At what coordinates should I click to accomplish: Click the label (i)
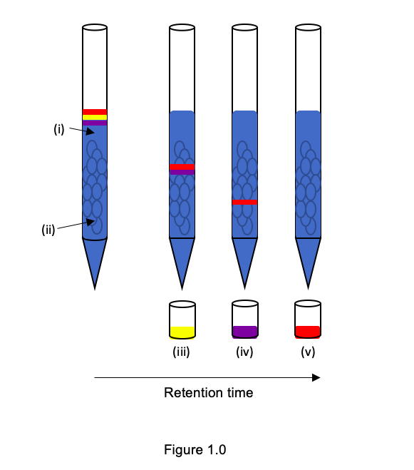(59, 129)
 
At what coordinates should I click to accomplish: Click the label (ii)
(48, 230)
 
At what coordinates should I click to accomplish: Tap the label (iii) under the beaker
(182, 352)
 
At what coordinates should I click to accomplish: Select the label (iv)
(244, 352)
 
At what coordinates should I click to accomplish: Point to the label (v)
(308, 352)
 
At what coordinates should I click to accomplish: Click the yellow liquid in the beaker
(182, 332)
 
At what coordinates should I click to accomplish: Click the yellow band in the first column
(95, 118)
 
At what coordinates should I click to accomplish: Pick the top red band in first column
(95, 112)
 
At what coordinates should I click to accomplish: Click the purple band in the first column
(95, 123)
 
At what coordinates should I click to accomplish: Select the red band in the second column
(182, 166)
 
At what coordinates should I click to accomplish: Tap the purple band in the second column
(182, 172)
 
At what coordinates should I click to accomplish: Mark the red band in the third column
(245, 202)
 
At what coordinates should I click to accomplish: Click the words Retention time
(208, 393)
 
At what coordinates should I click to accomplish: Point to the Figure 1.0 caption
(195, 450)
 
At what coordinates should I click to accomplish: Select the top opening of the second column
(182, 29)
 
